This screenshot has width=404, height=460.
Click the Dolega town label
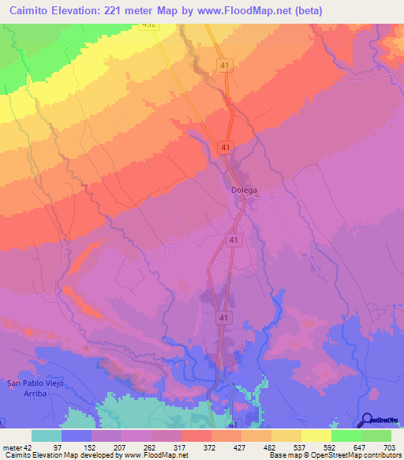click(245, 190)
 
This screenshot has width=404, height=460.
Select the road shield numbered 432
click(149, 25)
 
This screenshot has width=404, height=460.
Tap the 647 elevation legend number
click(361, 448)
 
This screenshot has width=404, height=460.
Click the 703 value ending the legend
click(391, 448)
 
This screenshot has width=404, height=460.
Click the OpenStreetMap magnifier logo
click(365, 420)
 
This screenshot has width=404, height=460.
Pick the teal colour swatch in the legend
click(47, 435)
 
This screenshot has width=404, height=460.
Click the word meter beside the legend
click(11, 448)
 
